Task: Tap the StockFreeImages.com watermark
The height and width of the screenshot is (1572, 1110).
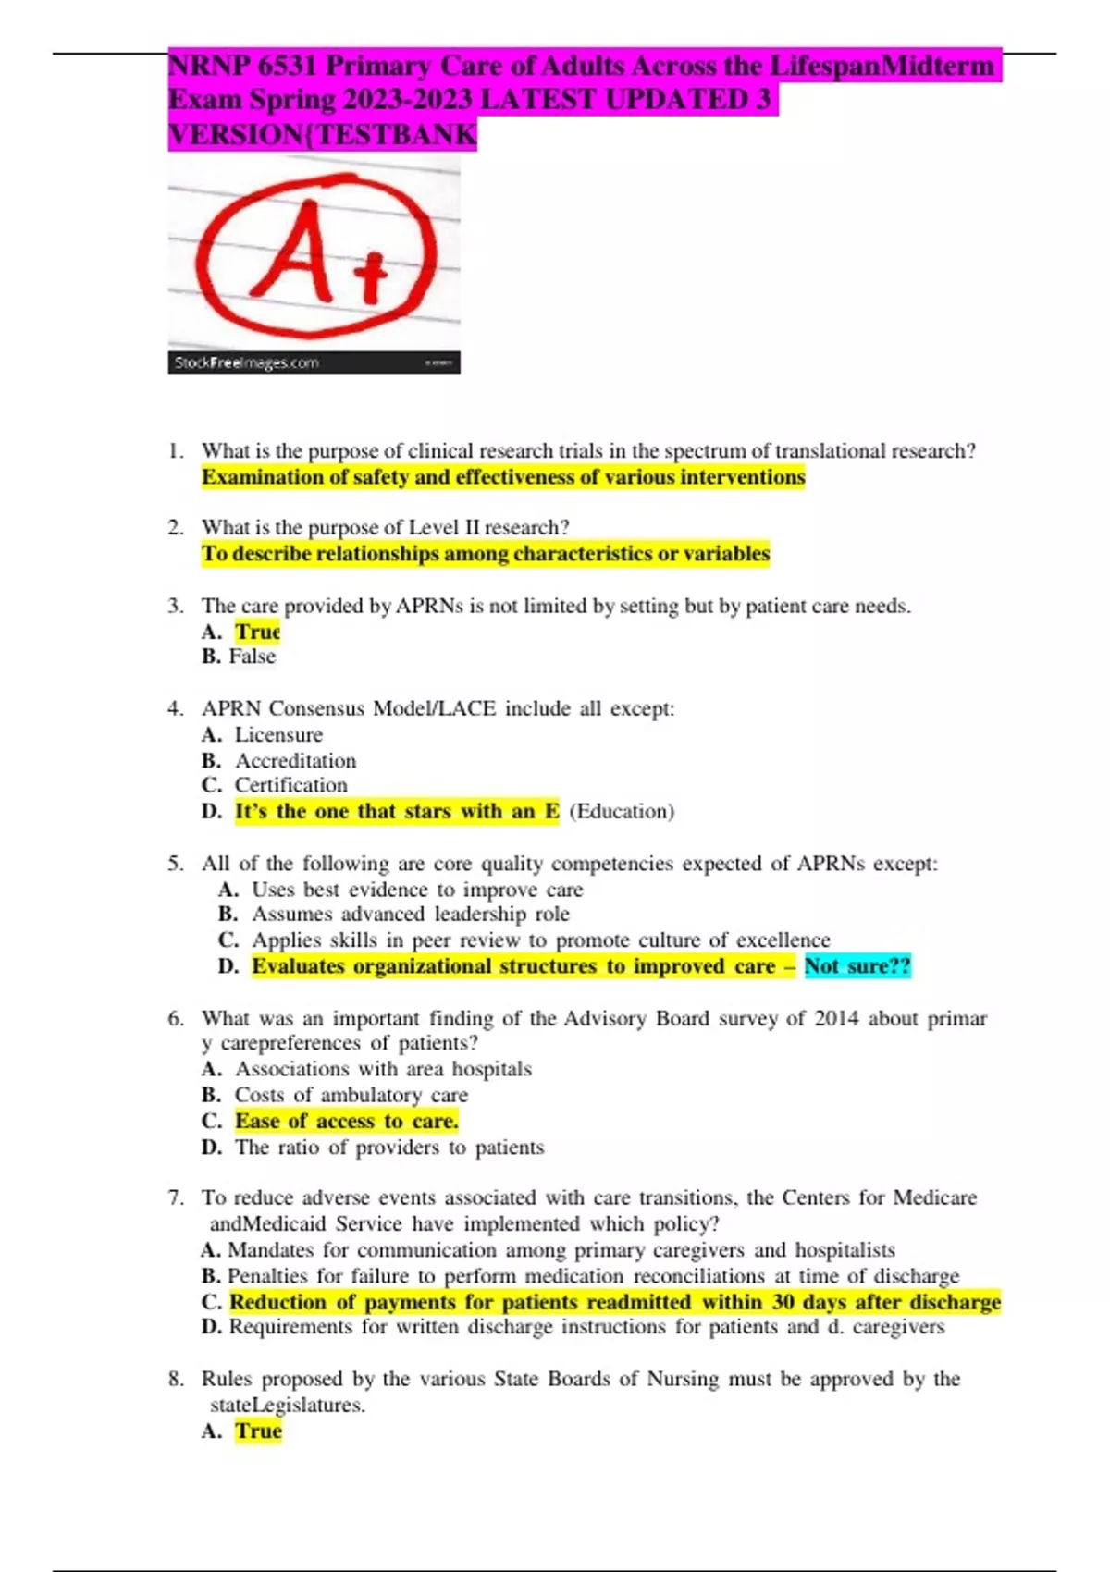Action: (246, 362)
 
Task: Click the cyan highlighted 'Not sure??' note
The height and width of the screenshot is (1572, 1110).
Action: (857, 966)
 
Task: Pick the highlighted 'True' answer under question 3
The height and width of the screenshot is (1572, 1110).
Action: (257, 632)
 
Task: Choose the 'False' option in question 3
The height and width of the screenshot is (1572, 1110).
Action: (253, 657)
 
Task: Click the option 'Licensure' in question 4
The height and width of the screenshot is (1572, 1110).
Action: (278, 735)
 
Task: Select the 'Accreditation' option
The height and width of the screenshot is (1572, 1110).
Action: (295, 761)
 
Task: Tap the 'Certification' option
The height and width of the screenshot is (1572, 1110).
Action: (290, 785)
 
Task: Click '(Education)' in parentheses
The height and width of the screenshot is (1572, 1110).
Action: (622, 811)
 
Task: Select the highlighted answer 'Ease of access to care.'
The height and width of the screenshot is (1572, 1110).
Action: (346, 1122)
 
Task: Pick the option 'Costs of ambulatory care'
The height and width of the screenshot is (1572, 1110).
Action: (351, 1095)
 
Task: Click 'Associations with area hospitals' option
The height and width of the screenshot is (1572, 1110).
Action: (383, 1069)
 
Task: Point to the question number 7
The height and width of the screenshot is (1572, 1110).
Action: (175, 1198)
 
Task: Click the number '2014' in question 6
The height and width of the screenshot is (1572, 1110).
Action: (836, 1019)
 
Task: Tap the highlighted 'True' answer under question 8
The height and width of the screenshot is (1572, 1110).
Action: (258, 1431)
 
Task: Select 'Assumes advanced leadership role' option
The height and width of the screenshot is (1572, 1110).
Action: (410, 915)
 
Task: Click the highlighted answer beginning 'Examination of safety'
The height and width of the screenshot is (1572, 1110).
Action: (503, 477)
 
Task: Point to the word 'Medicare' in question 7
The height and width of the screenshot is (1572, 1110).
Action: (935, 1198)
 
